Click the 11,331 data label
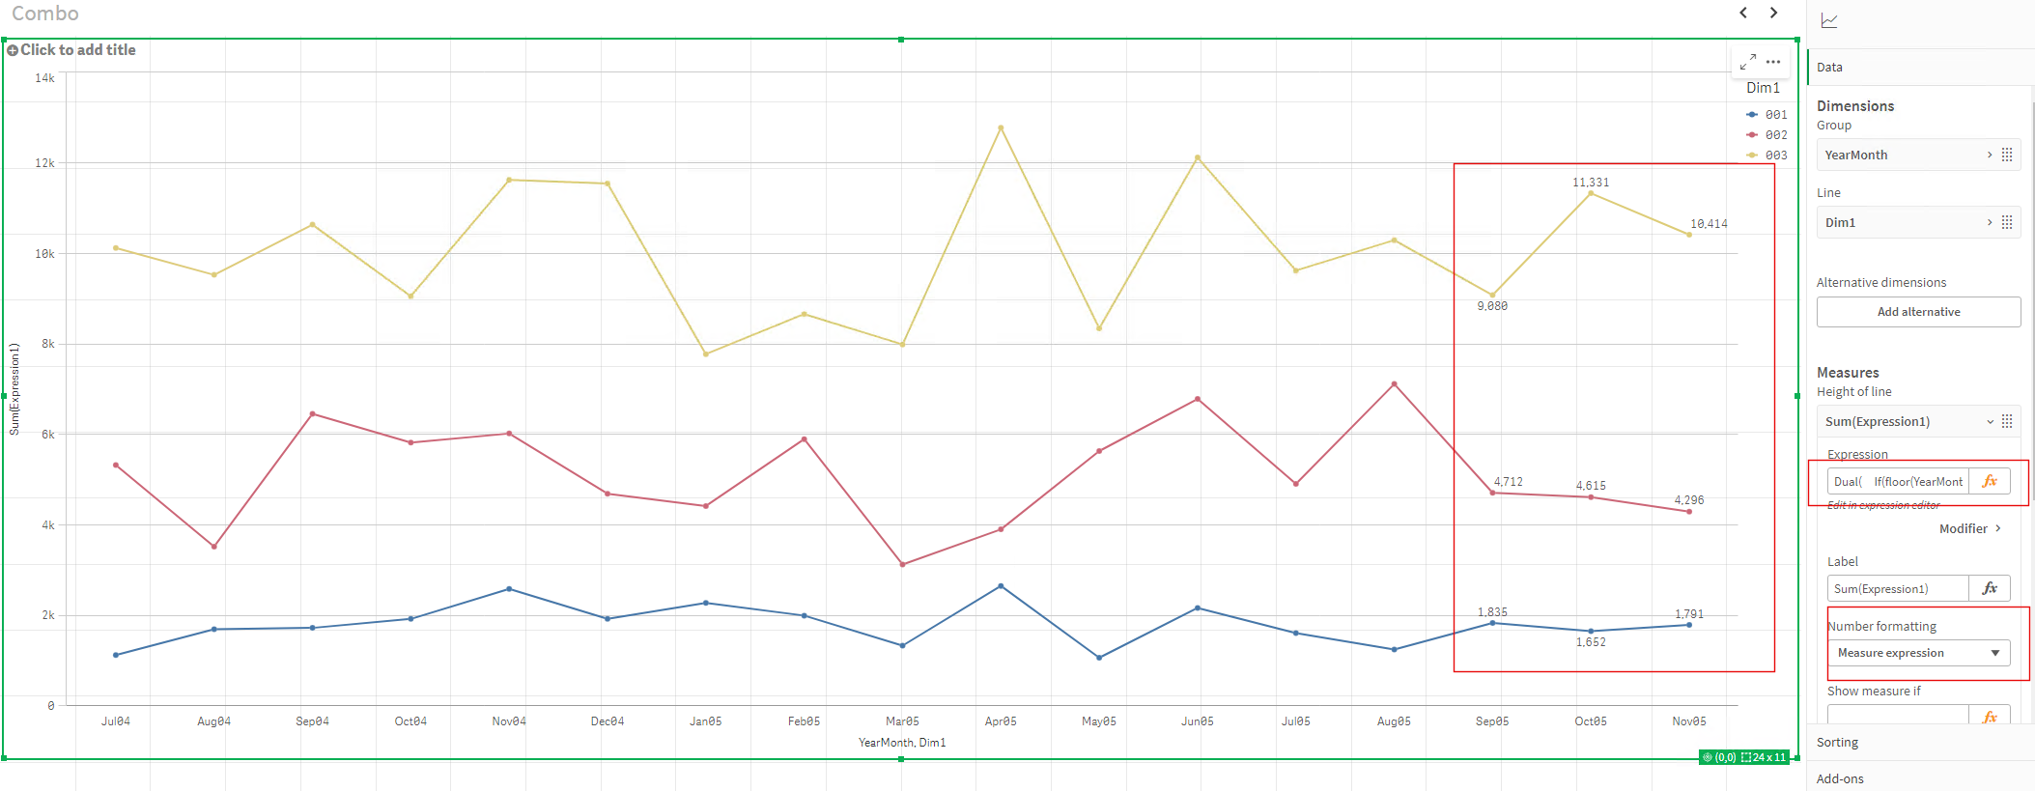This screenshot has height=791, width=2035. pyautogui.click(x=1591, y=183)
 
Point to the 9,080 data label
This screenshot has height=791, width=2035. pyautogui.click(x=1492, y=306)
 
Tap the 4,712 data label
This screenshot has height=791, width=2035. pyautogui.click(x=1508, y=482)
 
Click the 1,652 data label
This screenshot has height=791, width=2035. pyautogui.click(x=1591, y=642)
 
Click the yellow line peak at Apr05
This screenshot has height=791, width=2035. pyautogui.click(x=1001, y=127)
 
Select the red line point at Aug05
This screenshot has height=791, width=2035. pyautogui.click(x=1394, y=384)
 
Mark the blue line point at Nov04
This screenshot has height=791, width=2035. pyautogui.click(x=509, y=589)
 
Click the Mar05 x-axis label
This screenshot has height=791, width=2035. pyautogui.click(x=902, y=721)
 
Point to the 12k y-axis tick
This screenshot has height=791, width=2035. pyautogui.click(x=45, y=163)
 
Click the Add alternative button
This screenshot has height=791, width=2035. pyautogui.click(x=1918, y=312)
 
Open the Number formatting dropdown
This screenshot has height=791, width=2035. pyautogui.click(x=1918, y=653)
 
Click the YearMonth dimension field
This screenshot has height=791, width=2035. pyautogui.click(x=1903, y=155)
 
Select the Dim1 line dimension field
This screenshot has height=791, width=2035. pyautogui.click(x=1903, y=223)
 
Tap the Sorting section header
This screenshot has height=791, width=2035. pyautogui.click(x=1837, y=743)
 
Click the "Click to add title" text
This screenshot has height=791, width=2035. pyautogui.click(x=77, y=50)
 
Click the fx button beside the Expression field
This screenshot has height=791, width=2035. pyautogui.click(x=1990, y=481)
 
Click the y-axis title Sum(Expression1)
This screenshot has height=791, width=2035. pyautogui.click(x=14, y=389)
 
